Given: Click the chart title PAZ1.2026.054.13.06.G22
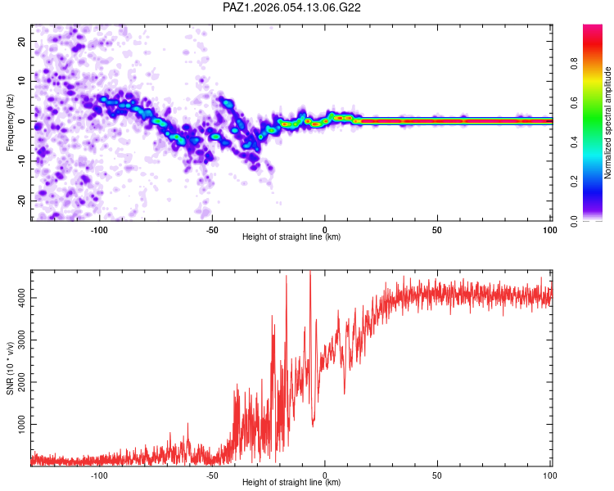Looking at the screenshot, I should click(x=292, y=7).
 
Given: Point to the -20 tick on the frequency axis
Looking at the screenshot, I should click(x=20, y=200).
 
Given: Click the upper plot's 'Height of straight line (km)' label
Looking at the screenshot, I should click(x=291, y=236).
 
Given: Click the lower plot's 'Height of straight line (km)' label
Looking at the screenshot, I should click(x=291, y=482).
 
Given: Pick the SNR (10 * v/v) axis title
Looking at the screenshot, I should click(x=10, y=368).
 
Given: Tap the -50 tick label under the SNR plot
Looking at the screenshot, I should click(x=212, y=474).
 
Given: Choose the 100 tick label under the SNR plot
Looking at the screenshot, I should click(x=549, y=474).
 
